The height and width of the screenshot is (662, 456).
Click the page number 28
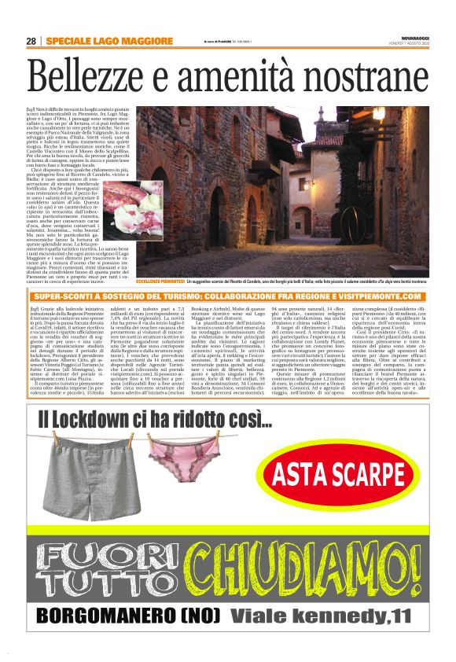[x=31, y=41]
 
